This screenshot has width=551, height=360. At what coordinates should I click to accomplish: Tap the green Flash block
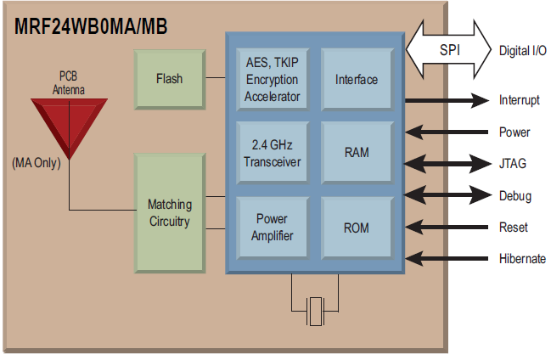pyautogui.click(x=170, y=79)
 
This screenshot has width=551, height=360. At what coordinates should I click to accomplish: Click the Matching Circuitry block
pyautogui.click(x=170, y=212)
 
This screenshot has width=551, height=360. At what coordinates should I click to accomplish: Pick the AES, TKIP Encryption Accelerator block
pyautogui.click(x=272, y=79)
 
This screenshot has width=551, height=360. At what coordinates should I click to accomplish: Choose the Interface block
pyautogui.click(x=357, y=79)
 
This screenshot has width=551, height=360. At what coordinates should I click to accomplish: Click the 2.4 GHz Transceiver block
pyautogui.click(x=272, y=153)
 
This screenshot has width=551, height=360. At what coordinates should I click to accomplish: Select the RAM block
pyautogui.click(x=357, y=153)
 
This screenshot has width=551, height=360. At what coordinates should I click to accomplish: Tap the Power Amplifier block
pyautogui.click(x=272, y=227)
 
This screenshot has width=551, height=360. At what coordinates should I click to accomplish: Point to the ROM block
pyautogui.click(x=357, y=227)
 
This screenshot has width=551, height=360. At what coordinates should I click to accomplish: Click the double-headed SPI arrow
pyautogui.click(x=449, y=49)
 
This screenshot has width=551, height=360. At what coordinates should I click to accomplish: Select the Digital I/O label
pyautogui.click(x=521, y=50)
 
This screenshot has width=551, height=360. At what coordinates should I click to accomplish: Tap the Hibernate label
pyautogui.click(x=522, y=259)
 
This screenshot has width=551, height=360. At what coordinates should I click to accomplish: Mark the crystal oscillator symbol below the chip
pyautogui.click(x=316, y=312)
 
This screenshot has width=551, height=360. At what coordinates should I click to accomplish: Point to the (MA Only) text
pyautogui.click(x=37, y=162)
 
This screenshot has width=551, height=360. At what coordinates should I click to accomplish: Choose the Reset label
pyautogui.click(x=514, y=228)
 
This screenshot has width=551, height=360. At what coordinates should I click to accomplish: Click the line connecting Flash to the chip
pyautogui.click(x=216, y=79)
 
